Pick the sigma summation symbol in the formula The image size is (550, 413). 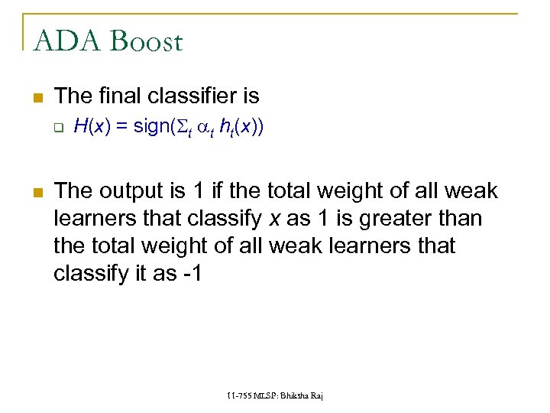[184, 126]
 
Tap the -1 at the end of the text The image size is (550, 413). [191, 273]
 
